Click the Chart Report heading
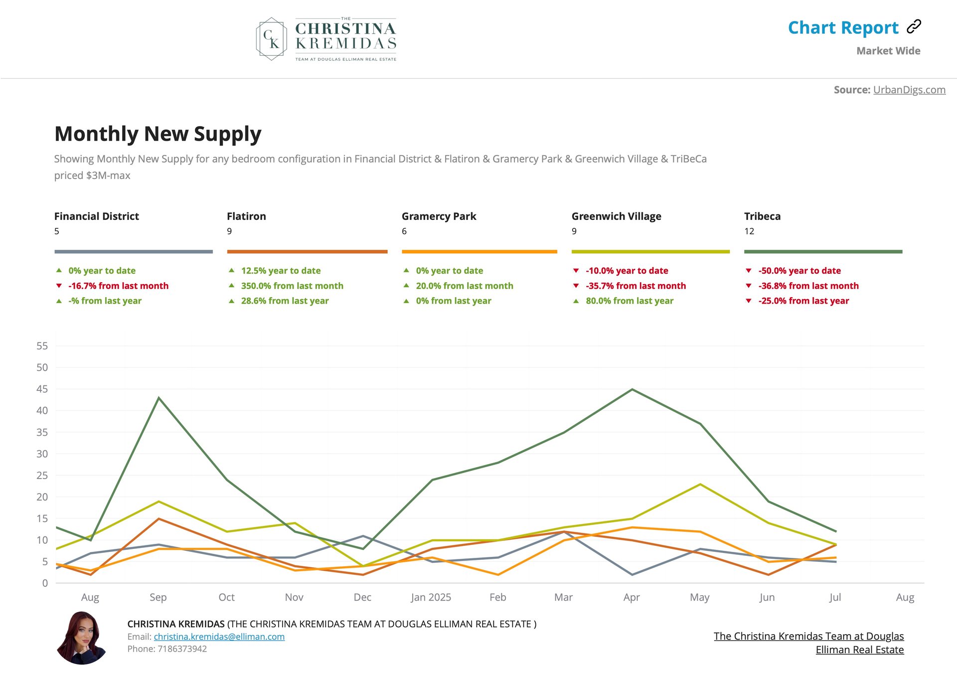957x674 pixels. pyautogui.click(x=843, y=28)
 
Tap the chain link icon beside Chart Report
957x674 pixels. pyautogui.click(x=914, y=26)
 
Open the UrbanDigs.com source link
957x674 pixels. pyautogui.click(x=909, y=90)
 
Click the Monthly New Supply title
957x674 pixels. pyautogui.click(x=158, y=134)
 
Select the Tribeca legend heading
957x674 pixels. pyautogui.click(x=762, y=216)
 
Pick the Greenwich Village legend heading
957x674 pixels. pyautogui.click(x=616, y=216)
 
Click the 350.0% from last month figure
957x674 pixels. pyautogui.click(x=292, y=286)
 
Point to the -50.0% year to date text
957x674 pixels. pyautogui.click(x=799, y=271)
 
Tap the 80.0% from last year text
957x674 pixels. pyautogui.click(x=629, y=301)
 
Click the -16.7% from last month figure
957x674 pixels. pyautogui.click(x=118, y=286)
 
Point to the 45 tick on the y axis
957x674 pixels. pyautogui.click(x=42, y=389)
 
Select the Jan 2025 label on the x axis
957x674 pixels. pyautogui.click(x=431, y=597)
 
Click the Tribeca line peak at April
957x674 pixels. pyautogui.click(x=632, y=389)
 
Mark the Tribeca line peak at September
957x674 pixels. pyautogui.click(x=159, y=398)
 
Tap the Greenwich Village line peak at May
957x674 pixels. pyautogui.click(x=700, y=484)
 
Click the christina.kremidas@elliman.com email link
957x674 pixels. pyautogui.click(x=219, y=637)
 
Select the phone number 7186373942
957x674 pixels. pyautogui.click(x=182, y=649)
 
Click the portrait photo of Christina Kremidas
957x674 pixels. pyautogui.click(x=82, y=638)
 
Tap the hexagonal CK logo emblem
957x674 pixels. pyautogui.click(x=272, y=39)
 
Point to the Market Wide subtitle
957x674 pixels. pyautogui.click(x=888, y=51)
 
